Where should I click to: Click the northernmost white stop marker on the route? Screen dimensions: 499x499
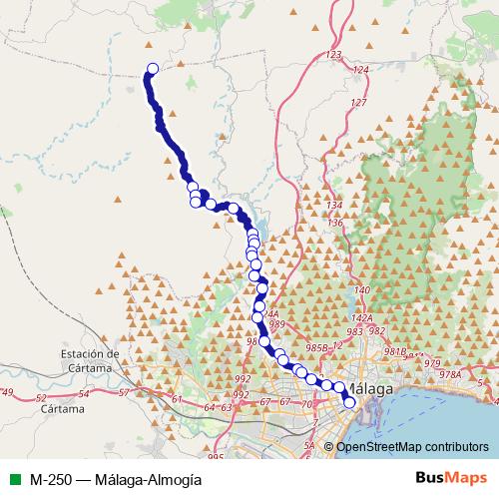pos(153,69)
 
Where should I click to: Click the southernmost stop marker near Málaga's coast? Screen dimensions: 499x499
pos(349,403)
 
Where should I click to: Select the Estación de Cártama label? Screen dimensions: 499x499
pos(90,359)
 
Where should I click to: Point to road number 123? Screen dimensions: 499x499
pos(334,54)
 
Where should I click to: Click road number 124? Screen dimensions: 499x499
pos(360,69)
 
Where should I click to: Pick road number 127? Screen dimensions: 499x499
pos(358,103)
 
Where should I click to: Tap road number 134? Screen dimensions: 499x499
pos(335,206)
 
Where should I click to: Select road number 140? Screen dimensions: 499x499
pos(362,289)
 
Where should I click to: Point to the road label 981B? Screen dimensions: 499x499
pos(395,352)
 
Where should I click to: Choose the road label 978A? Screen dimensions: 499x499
pos(451,374)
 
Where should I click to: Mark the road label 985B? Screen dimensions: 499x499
pos(316,347)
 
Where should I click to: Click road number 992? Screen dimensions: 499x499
pos(242,379)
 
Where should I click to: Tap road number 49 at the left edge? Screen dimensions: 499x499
pos(8,391)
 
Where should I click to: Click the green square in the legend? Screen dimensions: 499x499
pos(12,478)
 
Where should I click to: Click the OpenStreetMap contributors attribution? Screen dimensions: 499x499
pos(412,446)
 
